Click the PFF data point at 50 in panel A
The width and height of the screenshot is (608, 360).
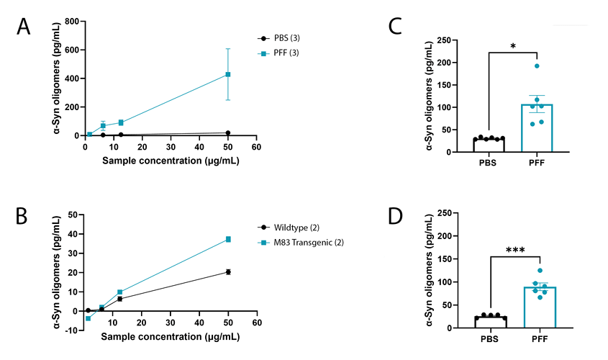click(228, 74)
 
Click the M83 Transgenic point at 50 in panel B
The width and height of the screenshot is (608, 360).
click(228, 239)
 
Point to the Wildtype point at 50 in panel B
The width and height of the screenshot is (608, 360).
click(228, 271)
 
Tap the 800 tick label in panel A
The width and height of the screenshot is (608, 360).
click(71, 22)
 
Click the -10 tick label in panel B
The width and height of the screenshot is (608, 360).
click(71, 330)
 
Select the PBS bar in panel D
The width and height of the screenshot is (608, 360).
click(490, 322)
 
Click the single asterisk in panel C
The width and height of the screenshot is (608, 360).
click(513, 45)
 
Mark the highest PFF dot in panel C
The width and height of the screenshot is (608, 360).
click(537, 66)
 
